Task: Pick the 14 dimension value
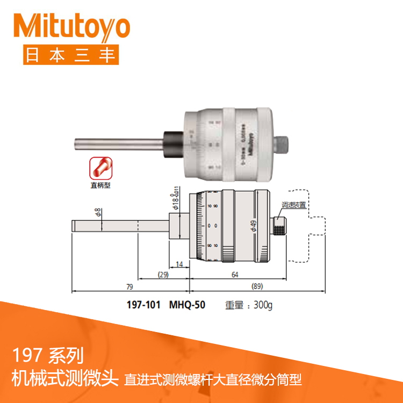(x=179, y=264)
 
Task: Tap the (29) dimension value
(x=163, y=275)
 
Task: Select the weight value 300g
(x=263, y=305)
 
